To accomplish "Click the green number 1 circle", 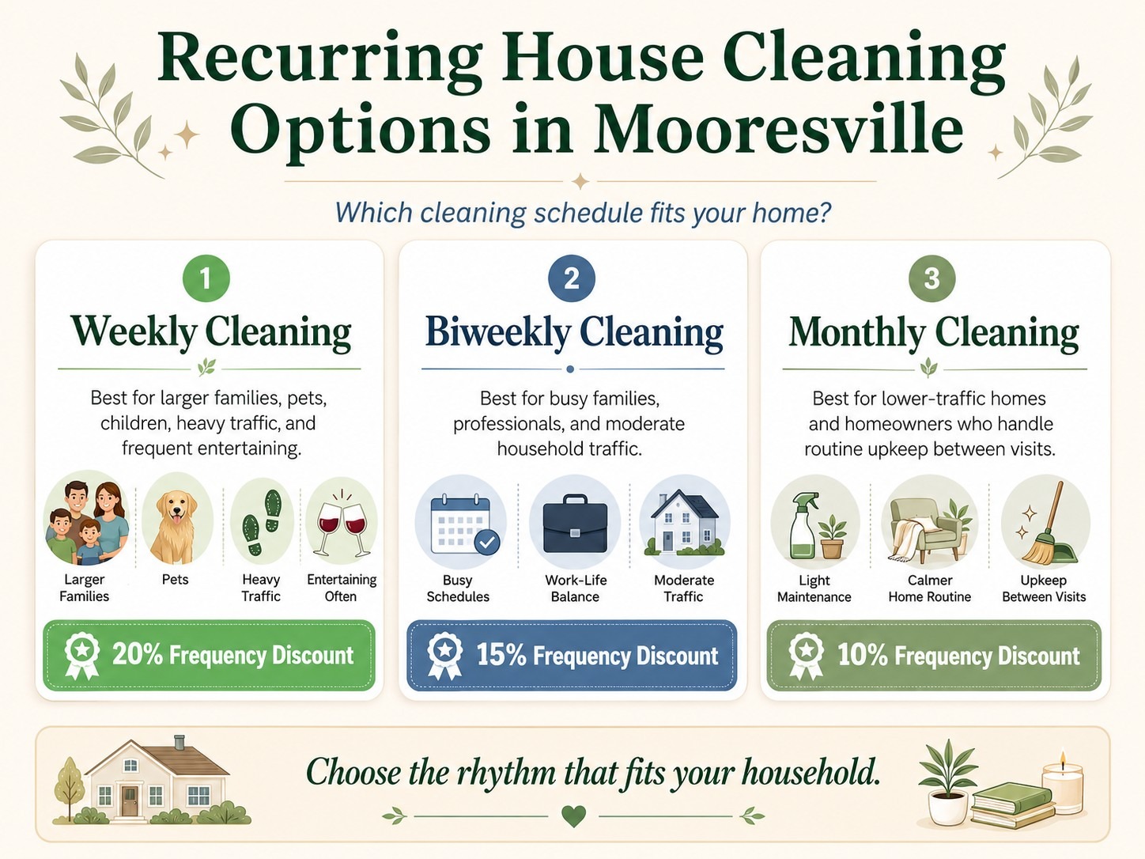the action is tap(206, 278).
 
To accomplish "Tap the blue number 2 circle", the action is tap(571, 278).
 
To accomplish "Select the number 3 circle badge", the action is tap(931, 278).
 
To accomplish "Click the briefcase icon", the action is tap(575, 524).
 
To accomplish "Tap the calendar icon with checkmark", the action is tap(463, 524).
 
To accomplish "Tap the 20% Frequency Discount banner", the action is tap(209, 655).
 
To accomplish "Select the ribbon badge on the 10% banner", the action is tap(806, 657).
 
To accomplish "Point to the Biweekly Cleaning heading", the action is tap(574, 331).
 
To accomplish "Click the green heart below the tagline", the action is tap(573, 816).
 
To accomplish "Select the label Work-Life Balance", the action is tap(576, 588).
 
